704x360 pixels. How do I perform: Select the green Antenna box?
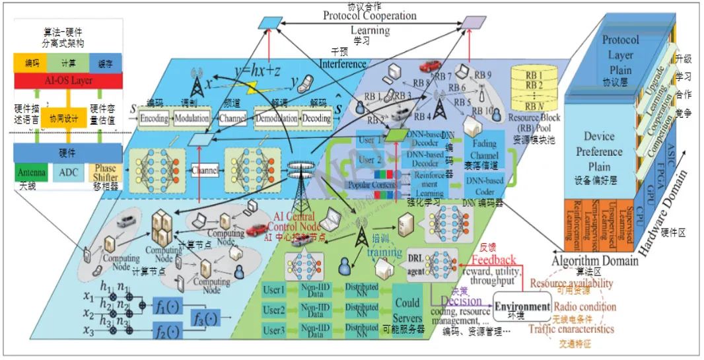[32, 172]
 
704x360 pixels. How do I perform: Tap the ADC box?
[69, 173]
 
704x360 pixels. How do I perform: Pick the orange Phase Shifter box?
[106, 173]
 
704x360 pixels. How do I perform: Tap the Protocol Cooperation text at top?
[369, 15]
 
